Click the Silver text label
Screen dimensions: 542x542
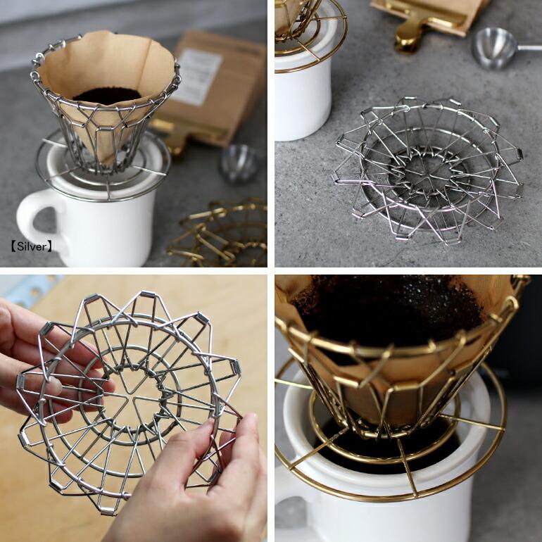(32, 247)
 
